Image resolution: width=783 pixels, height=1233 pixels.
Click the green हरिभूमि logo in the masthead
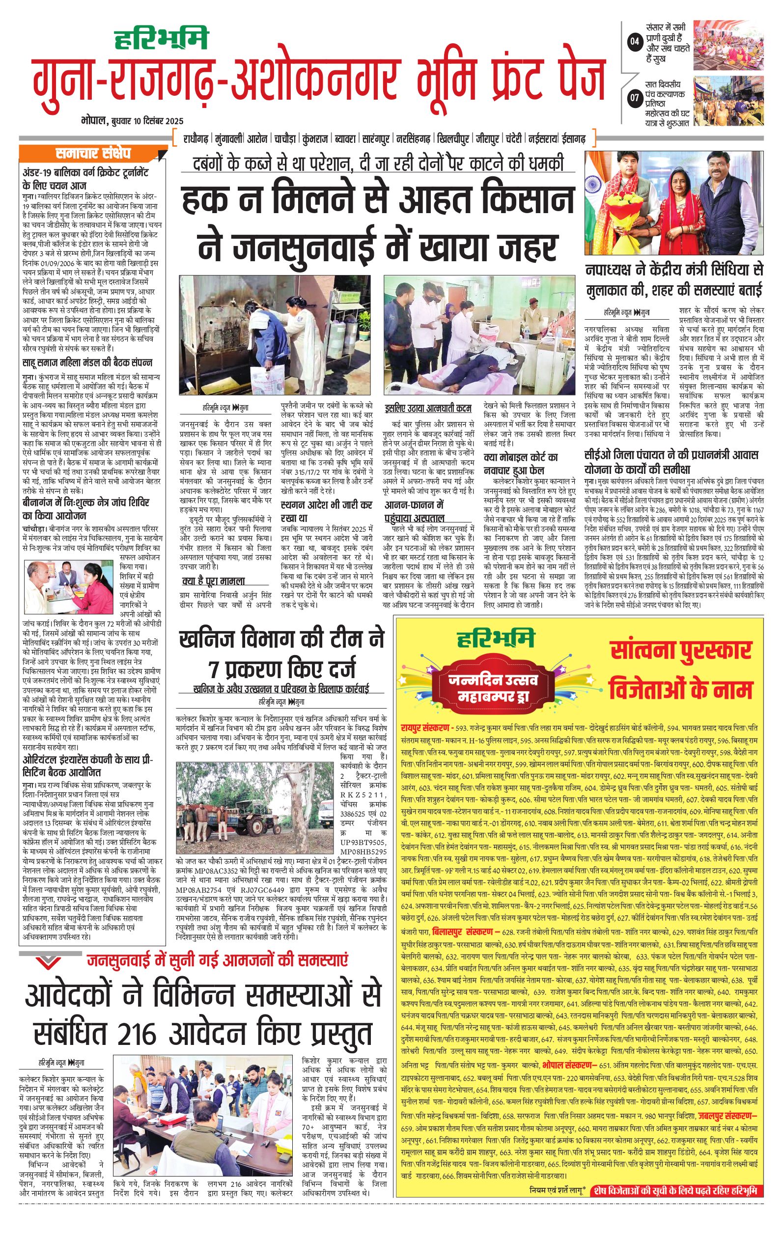click(x=161, y=38)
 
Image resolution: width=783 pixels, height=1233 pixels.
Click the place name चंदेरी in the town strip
click(x=514, y=139)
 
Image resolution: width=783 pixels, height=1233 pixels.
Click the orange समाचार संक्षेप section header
click(x=93, y=153)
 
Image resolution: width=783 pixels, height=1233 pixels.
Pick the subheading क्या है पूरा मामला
click(x=214, y=581)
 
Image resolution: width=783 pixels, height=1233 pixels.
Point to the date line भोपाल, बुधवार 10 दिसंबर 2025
click(x=132, y=121)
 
